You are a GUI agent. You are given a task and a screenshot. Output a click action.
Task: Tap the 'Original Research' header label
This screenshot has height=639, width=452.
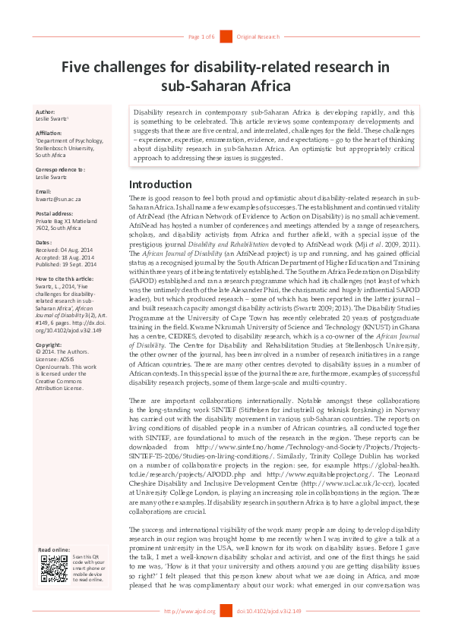point(258,36)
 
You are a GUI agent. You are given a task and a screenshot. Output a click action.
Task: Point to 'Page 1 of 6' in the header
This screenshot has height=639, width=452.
point(201,36)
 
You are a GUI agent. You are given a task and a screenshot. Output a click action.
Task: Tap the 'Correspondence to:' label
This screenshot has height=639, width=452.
point(60,169)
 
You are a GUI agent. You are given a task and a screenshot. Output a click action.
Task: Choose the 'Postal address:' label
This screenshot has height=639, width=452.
point(55,213)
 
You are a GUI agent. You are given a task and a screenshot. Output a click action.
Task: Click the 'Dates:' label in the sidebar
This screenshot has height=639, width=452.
point(45,242)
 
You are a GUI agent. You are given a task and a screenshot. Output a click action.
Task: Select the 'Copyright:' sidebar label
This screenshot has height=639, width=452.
point(49,345)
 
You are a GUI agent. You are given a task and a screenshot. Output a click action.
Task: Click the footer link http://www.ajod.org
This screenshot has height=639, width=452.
point(190,611)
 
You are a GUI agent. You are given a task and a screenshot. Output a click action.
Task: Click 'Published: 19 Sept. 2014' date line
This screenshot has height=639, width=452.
point(66,263)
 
